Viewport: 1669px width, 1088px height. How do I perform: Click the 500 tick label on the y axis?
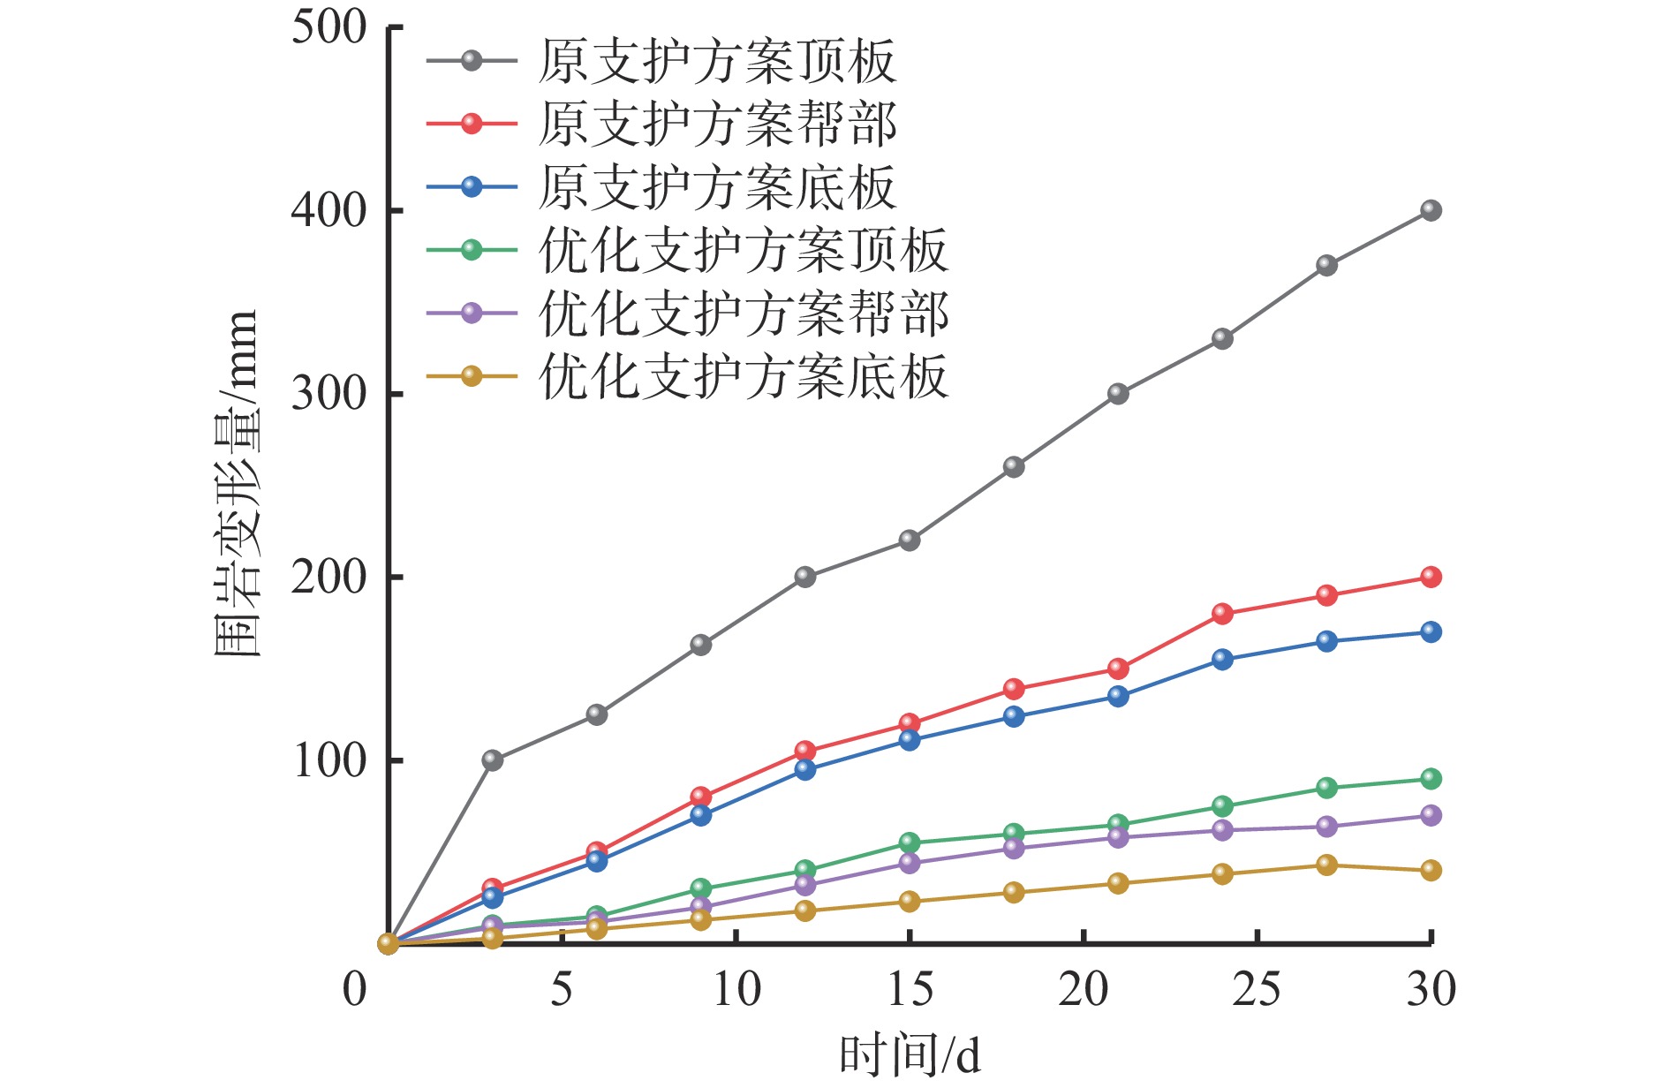(x=329, y=28)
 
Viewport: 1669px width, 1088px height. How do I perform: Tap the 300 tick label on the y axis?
(x=329, y=394)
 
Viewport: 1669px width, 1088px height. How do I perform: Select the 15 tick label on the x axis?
(x=910, y=989)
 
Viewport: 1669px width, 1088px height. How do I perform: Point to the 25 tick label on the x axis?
(x=1257, y=989)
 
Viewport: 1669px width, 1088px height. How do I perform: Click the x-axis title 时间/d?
(x=910, y=1055)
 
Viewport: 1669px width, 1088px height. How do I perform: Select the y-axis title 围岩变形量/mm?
(x=237, y=484)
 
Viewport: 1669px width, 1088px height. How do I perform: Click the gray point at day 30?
(x=1431, y=210)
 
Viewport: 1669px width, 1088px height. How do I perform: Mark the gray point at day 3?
(x=493, y=760)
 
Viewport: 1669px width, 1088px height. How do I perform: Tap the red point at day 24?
(x=1222, y=614)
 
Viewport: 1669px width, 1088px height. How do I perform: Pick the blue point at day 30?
(x=1431, y=632)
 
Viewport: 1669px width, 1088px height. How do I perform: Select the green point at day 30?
(x=1431, y=779)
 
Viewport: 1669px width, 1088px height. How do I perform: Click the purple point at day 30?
(x=1431, y=815)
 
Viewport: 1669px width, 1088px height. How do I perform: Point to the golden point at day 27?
(x=1326, y=865)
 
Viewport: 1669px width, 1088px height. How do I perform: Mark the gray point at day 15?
(x=910, y=540)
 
